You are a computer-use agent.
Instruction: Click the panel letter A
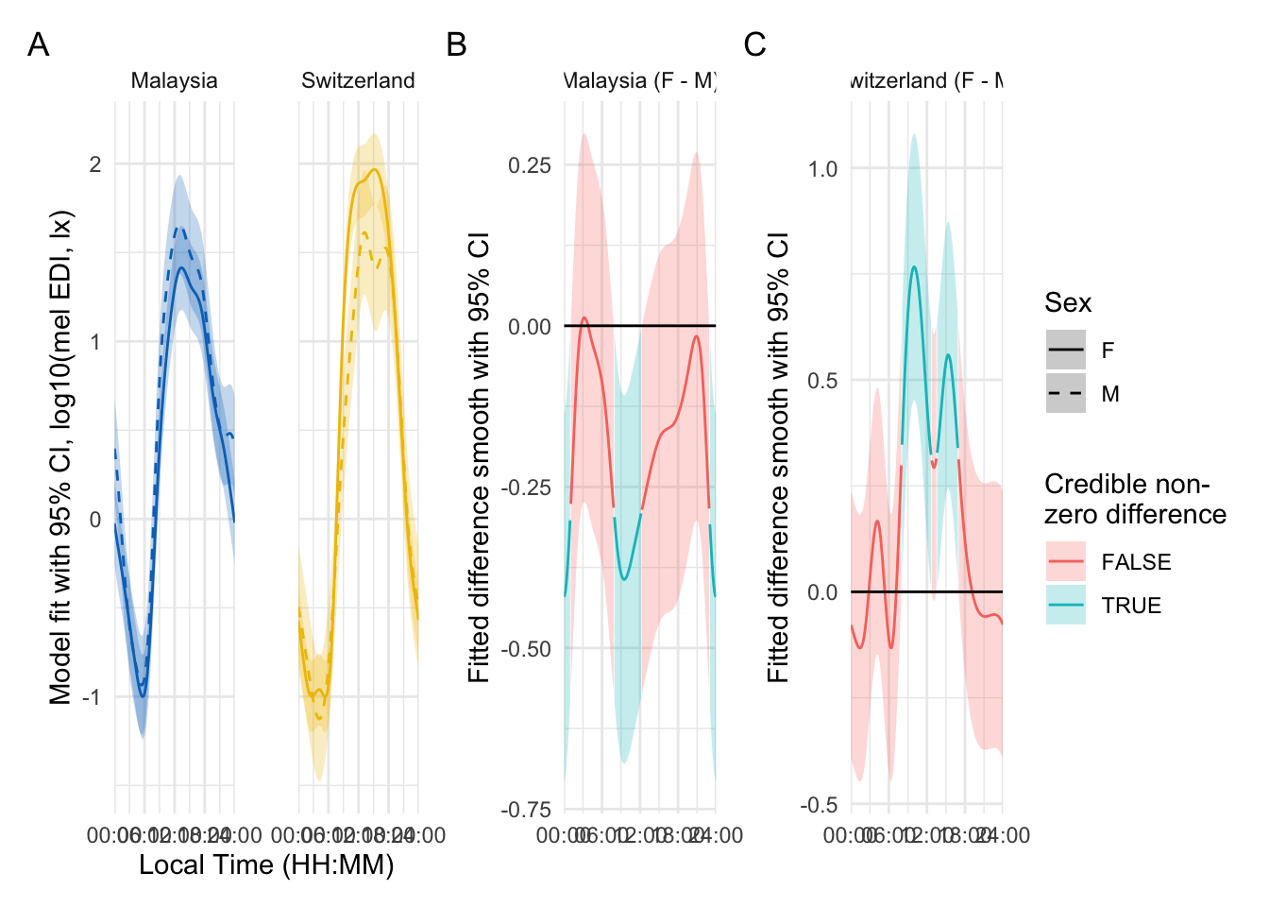click(38, 44)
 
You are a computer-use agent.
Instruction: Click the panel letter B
click(456, 44)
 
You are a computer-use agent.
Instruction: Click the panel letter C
click(754, 44)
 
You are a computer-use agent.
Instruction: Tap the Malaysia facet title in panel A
click(174, 81)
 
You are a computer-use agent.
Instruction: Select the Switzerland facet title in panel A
click(358, 81)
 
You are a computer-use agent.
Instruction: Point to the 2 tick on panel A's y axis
click(95, 164)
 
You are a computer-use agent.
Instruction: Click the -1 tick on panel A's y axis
click(92, 697)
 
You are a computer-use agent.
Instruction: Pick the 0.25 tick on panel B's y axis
click(530, 165)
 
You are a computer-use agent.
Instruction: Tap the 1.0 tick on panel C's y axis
click(822, 169)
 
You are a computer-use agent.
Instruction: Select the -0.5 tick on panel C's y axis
click(820, 805)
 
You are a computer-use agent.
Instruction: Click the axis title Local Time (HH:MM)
click(266, 865)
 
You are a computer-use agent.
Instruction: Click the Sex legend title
click(1068, 303)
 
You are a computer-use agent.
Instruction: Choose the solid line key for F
click(1066, 351)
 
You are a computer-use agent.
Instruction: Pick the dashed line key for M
click(1066, 394)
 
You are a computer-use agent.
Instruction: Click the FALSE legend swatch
click(1066, 562)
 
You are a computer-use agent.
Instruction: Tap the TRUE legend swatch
click(1066, 606)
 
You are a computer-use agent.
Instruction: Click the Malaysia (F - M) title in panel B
click(640, 81)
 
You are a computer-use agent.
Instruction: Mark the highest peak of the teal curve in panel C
click(914, 266)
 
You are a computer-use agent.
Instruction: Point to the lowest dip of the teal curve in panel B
click(624, 579)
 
